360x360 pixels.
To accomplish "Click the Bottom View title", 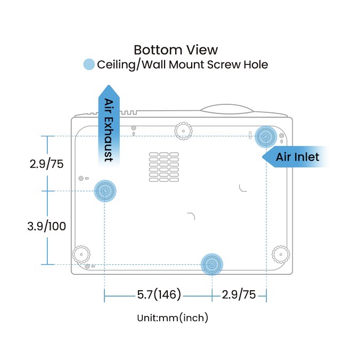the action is (x=176, y=50).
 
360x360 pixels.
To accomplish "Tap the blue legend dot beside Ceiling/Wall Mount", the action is (x=89, y=64).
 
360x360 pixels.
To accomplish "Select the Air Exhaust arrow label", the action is (x=109, y=130).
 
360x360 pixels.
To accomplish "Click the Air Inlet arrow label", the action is (x=297, y=157).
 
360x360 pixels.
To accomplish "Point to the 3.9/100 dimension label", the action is (x=47, y=226).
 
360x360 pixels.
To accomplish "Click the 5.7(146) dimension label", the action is (x=159, y=294).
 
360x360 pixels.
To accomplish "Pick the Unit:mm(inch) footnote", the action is (x=173, y=318).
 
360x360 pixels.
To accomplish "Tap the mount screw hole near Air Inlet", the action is (x=266, y=137).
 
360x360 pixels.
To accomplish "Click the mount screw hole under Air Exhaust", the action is (x=105, y=191).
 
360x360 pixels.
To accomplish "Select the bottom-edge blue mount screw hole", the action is (x=211, y=265).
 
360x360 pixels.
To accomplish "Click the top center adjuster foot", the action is (x=183, y=131).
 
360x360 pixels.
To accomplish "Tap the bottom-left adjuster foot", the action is (x=81, y=255).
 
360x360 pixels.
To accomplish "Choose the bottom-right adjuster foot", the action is (x=281, y=255).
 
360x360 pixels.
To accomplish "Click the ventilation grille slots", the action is (x=164, y=167).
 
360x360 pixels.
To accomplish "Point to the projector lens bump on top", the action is (x=227, y=109).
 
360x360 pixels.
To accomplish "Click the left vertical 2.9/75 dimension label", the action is (x=47, y=164).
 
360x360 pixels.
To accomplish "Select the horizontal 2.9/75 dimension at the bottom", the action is (x=239, y=294).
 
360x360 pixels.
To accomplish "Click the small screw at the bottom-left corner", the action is (x=87, y=266).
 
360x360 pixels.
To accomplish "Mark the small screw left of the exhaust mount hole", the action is (x=81, y=178).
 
